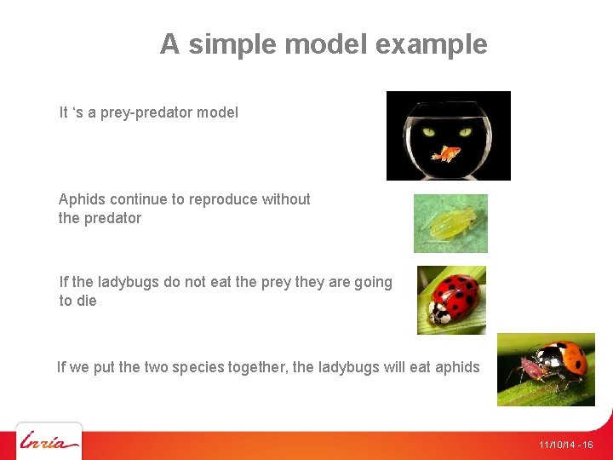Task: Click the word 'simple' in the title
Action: [x=232, y=44]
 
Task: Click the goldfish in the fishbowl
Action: [x=446, y=154]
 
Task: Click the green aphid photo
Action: [x=450, y=223]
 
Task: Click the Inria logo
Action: [x=49, y=441]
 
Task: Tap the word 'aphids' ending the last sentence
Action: [x=457, y=367]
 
